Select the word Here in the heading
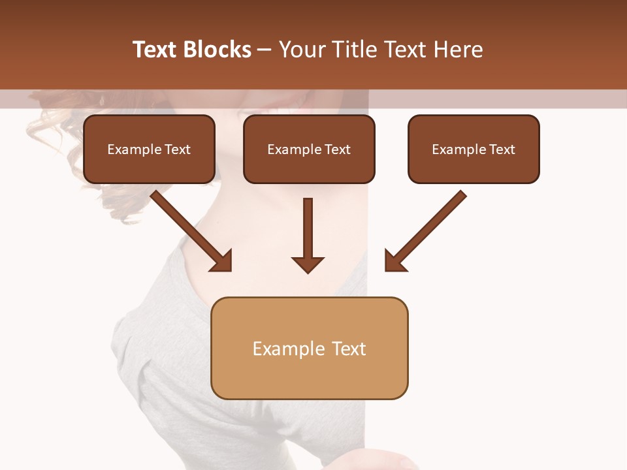coord(457,50)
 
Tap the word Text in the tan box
coord(349,349)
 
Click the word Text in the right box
coord(502,149)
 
